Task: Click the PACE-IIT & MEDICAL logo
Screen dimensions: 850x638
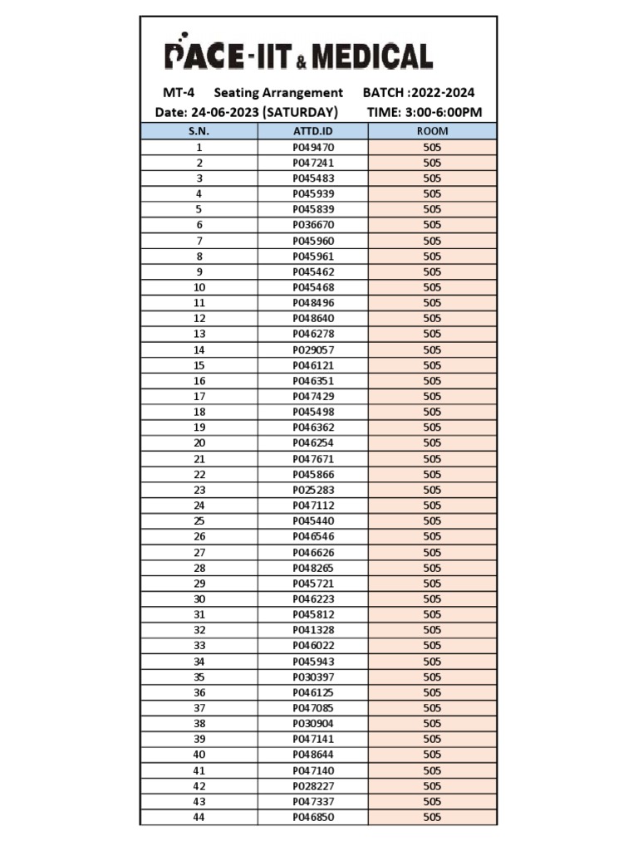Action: click(298, 56)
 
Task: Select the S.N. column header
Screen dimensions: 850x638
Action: click(199, 131)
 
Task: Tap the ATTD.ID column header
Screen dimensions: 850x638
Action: click(313, 131)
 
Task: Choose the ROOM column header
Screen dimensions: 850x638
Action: click(432, 131)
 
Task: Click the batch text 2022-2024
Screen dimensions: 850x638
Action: click(447, 93)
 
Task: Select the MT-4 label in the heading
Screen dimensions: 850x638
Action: click(179, 93)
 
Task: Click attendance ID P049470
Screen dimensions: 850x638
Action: click(313, 147)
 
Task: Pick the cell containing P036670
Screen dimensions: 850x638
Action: click(313, 225)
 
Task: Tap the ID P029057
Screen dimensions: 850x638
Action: click(313, 349)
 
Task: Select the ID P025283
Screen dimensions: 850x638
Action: click(313, 490)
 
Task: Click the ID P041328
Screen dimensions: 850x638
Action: click(313, 630)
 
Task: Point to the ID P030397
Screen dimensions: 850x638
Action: click(313, 677)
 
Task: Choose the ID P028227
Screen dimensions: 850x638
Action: click(313, 786)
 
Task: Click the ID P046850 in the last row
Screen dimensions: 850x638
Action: click(313, 817)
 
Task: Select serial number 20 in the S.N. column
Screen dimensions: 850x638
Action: click(199, 443)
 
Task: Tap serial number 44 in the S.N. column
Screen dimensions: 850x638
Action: click(199, 817)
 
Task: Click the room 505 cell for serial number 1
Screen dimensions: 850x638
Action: click(432, 147)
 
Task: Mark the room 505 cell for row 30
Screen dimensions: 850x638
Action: click(432, 598)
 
